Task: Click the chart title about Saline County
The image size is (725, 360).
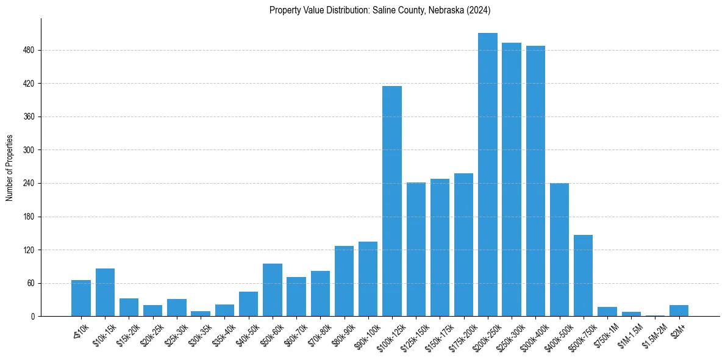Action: [380, 10]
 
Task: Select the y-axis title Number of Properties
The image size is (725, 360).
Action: [10, 168]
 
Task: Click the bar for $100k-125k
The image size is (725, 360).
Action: [392, 201]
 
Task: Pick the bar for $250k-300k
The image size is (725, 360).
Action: [512, 179]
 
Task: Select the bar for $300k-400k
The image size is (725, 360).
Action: [535, 181]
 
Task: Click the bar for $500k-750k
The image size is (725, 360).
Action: [583, 276]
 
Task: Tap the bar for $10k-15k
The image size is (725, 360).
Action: [105, 292]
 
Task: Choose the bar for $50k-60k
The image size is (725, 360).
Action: [273, 290]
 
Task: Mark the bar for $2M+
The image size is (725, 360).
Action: [679, 311]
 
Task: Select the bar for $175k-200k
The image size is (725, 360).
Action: [463, 245]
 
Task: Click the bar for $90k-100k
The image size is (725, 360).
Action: [368, 279]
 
